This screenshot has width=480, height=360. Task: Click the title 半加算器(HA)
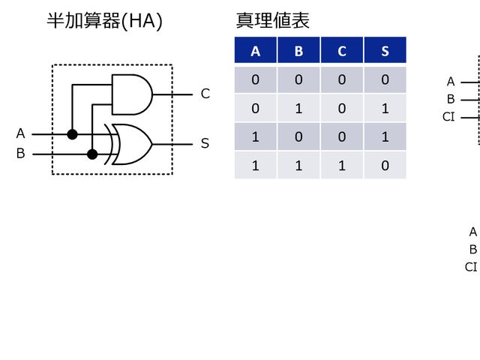point(104,21)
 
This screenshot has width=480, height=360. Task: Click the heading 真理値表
point(272,21)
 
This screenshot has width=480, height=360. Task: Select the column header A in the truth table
point(256,51)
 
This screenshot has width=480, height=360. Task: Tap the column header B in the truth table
point(298,51)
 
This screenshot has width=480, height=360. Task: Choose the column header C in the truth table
point(342,51)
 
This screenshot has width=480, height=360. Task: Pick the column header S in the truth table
point(385,51)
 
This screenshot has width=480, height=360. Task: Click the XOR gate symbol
point(131,143)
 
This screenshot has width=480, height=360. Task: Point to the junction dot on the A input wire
point(72,134)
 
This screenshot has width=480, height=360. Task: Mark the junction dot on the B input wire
point(92,154)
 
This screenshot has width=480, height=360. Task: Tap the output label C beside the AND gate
point(205,94)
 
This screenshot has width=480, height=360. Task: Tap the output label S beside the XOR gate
point(205,143)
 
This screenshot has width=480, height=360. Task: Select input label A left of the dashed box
point(20,133)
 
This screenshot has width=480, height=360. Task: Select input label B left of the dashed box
point(20,154)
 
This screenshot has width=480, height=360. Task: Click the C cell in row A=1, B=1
point(342,166)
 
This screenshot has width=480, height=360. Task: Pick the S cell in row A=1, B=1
point(385,166)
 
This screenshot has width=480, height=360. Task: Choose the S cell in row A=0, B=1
point(385,109)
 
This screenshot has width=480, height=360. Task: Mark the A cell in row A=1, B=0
point(256,137)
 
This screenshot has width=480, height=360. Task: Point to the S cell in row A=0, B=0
point(385,80)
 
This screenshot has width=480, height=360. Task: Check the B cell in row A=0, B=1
point(298,109)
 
